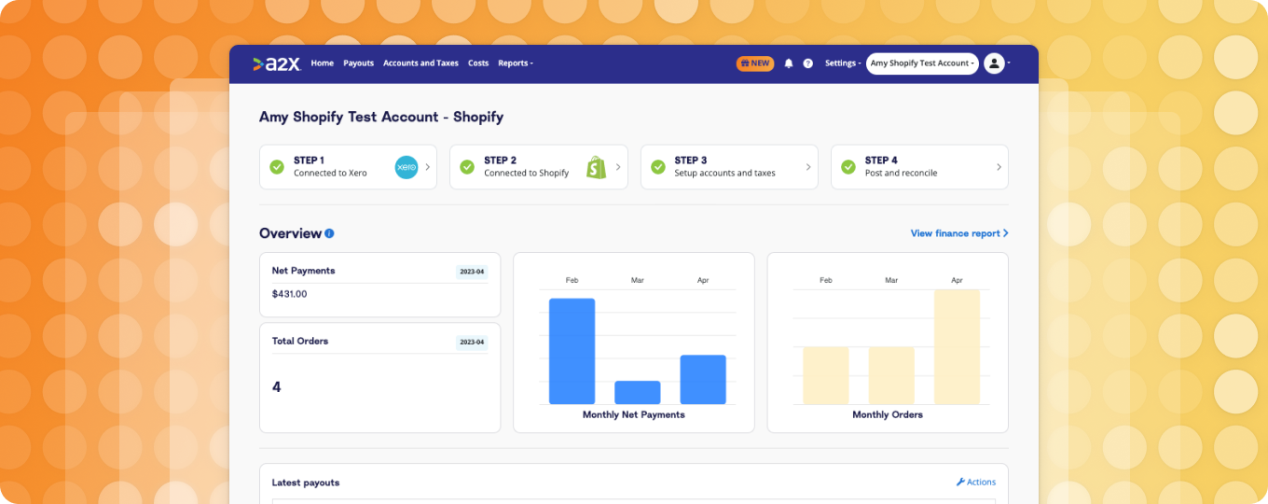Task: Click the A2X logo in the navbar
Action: pos(276,63)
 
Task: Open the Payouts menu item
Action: pos(358,63)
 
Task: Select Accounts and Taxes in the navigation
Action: pos(420,63)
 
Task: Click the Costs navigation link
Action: pos(478,63)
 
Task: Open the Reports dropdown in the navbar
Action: pos(515,63)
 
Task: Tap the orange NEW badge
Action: pos(754,63)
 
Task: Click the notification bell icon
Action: pos(789,63)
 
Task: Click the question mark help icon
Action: pos(808,63)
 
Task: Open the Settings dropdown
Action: pos(842,63)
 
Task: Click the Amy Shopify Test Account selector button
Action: pos(922,63)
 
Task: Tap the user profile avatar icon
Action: pos(994,63)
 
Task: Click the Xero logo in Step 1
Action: pos(407,167)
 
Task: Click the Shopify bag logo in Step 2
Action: pos(597,167)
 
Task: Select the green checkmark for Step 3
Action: pos(657,167)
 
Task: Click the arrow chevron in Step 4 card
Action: pos(999,167)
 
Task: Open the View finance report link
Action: pos(959,233)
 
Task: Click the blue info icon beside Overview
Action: pos(329,234)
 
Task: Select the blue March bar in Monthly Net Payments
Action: pos(638,392)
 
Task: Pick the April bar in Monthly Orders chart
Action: pos(957,346)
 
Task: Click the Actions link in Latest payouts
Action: pos(975,483)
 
